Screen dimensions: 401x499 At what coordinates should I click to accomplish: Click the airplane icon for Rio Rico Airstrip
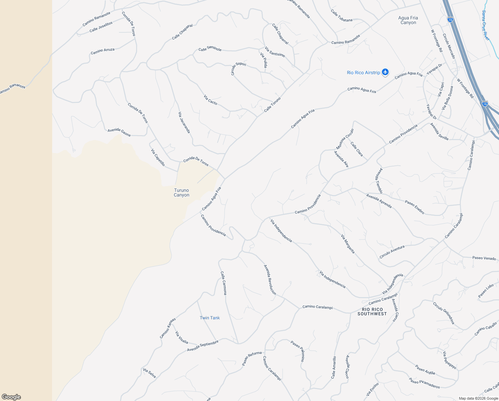385,72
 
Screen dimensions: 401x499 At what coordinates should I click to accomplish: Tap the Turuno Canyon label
181,192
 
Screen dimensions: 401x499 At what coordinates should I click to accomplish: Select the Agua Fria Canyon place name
408,20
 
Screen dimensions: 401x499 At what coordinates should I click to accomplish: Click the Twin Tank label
209,318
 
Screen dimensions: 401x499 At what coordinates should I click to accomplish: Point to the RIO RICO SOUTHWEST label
372,311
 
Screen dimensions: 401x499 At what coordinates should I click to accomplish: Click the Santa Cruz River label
485,25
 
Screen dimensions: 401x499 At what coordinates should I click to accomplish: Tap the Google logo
11,397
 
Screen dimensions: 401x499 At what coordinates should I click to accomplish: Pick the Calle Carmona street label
223,283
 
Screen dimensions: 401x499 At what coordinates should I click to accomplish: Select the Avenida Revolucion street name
270,280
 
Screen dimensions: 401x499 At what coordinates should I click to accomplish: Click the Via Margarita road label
348,244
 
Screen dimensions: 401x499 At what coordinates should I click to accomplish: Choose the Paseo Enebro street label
415,207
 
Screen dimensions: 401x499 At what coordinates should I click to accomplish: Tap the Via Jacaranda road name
184,123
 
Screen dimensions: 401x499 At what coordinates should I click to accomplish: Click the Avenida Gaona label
119,132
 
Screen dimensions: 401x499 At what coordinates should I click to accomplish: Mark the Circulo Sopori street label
238,68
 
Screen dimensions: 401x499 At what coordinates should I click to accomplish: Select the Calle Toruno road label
273,105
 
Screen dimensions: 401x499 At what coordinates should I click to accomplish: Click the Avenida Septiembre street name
203,346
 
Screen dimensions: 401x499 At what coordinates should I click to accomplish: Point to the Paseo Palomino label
298,351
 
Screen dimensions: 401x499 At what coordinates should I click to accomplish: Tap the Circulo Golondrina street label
444,313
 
